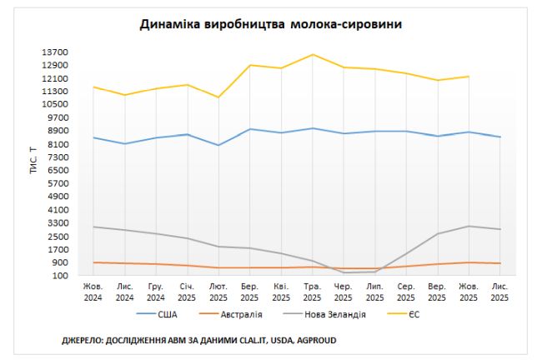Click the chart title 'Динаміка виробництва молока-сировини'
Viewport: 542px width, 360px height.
270,25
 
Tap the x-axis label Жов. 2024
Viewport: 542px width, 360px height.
93,292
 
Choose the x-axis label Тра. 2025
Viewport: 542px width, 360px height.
312,292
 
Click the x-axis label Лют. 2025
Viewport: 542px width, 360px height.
218,292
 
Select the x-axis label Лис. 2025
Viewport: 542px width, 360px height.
499,292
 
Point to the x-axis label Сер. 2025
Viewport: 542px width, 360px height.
406,292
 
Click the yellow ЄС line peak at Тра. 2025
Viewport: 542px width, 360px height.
312,54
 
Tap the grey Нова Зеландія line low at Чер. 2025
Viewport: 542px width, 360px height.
344,272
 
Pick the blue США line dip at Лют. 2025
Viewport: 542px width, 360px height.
218,145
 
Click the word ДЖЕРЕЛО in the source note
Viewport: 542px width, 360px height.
83,340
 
